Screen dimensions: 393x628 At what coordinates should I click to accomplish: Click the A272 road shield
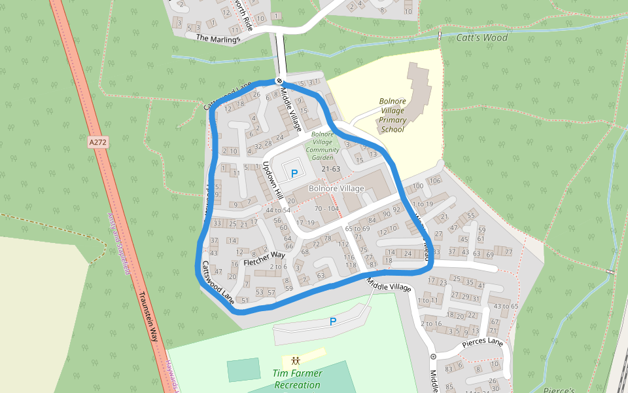pyautogui.click(x=97, y=141)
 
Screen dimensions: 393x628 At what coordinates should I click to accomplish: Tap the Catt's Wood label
pyautogui.click(x=482, y=37)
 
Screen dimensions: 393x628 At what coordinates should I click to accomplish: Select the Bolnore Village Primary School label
pyautogui.click(x=392, y=115)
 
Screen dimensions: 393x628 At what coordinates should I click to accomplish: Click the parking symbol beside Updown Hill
pyautogui.click(x=294, y=174)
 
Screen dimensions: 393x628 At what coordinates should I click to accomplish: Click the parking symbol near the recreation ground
pyautogui.click(x=333, y=322)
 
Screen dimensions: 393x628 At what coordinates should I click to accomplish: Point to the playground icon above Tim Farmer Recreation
pyautogui.click(x=296, y=360)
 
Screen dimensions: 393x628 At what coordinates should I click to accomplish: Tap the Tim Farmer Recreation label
pyautogui.click(x=297, y=379)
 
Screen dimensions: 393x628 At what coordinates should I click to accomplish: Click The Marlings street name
pyautogui.click(x=218, y=39)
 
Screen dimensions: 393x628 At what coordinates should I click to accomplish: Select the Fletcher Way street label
pyautogui.click(x=264, y=258)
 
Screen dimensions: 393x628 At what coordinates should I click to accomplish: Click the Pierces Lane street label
pyautogui.click(x=482, y=342)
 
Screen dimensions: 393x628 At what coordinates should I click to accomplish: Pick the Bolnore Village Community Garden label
pyautogui.click(x=323, y=145)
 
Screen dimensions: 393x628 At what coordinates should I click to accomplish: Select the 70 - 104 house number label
pyautogui.click(x=327, y=208)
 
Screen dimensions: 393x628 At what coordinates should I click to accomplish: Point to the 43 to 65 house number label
pyautogui.click(x=505, y=306)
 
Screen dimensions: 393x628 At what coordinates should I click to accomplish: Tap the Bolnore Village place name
pyautogui.click(x=336, y=189)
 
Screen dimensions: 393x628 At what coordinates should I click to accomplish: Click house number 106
pyautogui.click(x=435, y=181)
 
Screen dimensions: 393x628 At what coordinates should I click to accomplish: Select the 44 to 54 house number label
pyautogui.click(x=277, y=210)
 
